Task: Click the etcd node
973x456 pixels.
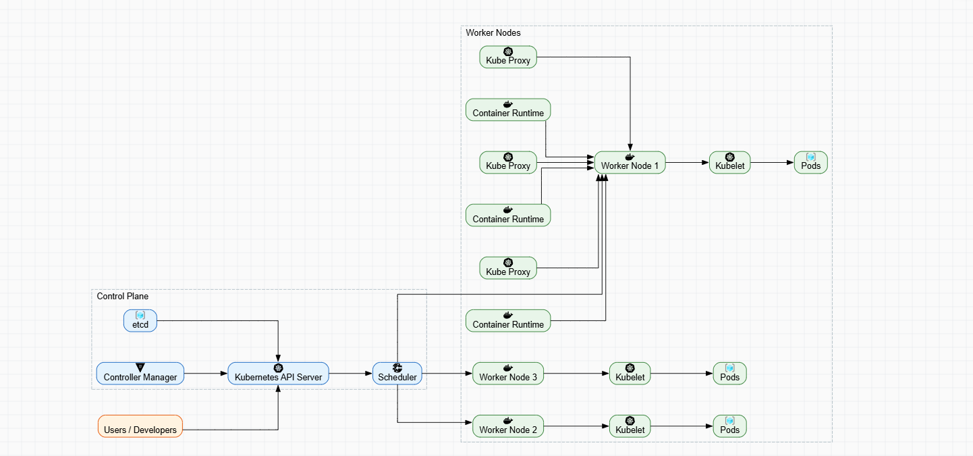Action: pos(140,320)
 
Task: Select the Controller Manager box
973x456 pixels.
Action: pos(140,373)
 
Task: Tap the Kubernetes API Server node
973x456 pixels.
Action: pos(278,373)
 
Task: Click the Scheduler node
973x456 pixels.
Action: pos(397,373)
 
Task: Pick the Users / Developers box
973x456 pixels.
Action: pos(140,426)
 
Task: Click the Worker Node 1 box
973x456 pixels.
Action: pos(630,162)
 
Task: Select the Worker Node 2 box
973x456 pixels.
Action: pos(508,426)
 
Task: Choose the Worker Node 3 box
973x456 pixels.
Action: pos(508,373)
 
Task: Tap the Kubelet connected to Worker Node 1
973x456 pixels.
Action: pos(729,162)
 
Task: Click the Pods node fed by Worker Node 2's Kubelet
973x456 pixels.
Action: pos(730,426)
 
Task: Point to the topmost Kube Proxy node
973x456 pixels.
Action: pos(508,57)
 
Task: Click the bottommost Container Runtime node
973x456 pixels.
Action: pos(508,320)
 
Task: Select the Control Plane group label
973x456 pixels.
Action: pos(123,296)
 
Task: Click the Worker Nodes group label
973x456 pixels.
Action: pos(493,32)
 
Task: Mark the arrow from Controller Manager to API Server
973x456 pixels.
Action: pos(206,373)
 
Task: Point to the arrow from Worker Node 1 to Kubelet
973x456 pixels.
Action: pos(687,162)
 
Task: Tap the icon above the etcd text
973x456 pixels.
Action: pos(140,315)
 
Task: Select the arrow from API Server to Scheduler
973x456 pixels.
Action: pos(351,373)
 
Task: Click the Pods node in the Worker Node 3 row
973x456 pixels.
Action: pos(730,373)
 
